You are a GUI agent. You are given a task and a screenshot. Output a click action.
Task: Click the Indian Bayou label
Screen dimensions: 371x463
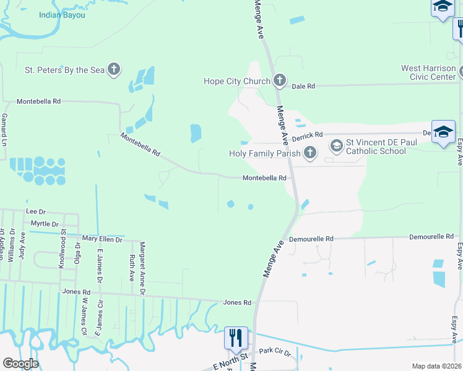[x=61, y=14]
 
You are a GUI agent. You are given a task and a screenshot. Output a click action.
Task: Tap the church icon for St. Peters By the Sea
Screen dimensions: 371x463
[x=114, y=70]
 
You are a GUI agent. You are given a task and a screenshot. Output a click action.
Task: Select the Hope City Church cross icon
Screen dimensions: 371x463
[x=280, y=80]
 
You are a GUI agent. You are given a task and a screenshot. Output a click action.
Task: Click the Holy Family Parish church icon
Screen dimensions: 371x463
[x=310, y=153]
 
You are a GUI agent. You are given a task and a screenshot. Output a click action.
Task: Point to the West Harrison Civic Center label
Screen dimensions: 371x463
[x=429, y=72]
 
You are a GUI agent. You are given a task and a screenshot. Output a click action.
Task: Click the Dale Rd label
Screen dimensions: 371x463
[x=303, y=87]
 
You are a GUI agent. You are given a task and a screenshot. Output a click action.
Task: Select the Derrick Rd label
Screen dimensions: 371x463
[x=308, y=135]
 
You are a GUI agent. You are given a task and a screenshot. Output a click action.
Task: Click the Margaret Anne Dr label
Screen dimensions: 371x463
[x=142, y=262]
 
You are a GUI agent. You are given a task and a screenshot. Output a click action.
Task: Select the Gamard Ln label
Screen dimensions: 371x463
[x=4, y=129]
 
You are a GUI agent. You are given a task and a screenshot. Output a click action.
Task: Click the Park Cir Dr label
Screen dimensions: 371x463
[x=274, y=351]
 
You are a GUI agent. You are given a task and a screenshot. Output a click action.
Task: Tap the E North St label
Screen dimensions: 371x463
[x=230, y=359]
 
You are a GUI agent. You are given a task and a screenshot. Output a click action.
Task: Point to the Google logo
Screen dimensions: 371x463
[x=20, y=364]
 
